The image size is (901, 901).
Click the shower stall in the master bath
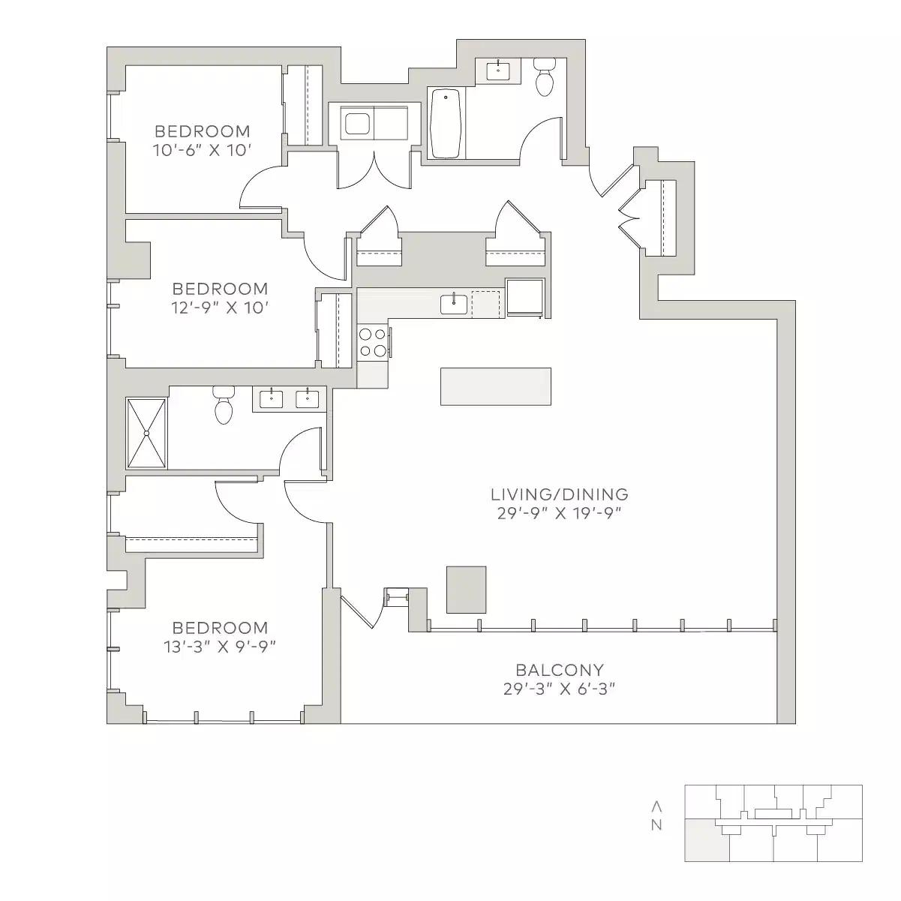click(146, 433)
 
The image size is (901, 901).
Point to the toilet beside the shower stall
click(224, 406)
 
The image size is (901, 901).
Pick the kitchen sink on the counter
click(454, 304)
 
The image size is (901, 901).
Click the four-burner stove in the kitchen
click(372, 342)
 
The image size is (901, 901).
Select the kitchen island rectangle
click(495, 386)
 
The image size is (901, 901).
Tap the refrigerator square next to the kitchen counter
click(524, 298)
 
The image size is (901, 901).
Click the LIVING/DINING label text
click(559, 494)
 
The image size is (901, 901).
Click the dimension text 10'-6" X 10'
click(200, 150)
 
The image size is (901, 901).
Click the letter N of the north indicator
click(656, 826)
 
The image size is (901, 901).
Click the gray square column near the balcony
click(466, 590)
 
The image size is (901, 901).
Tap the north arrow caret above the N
click(656, 806)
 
